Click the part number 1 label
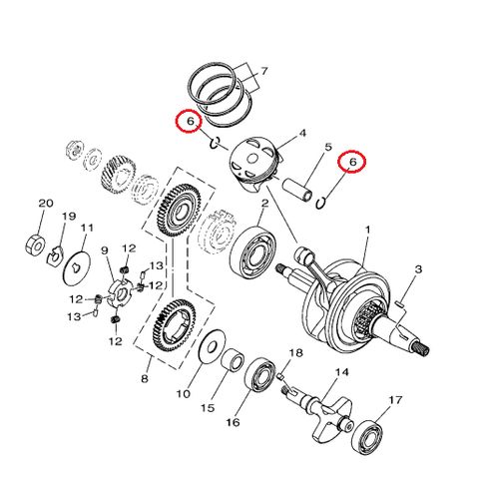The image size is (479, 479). pyautogui.click(x=365, y=230)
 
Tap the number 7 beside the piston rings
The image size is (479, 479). pyautogui.click(x=264, y=72)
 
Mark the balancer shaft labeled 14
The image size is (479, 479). pyautogui.click(x=325, y=409)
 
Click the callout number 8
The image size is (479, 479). pyautogui.click(x=147, y=379)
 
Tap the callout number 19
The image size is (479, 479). pyautogui.click(x=70, y=217)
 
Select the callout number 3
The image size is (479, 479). pyautogui.click(x=419, y=270)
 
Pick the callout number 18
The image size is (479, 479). pyautogui.click(x=295, y=354)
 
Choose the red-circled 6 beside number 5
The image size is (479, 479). pyautogui.click(x=352, y=161)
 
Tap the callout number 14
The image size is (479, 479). pyautogui.click(x=341, y=372)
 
